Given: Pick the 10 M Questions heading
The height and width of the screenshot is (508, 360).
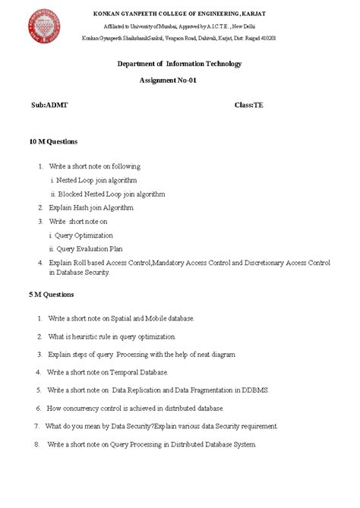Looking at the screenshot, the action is [53, 141].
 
